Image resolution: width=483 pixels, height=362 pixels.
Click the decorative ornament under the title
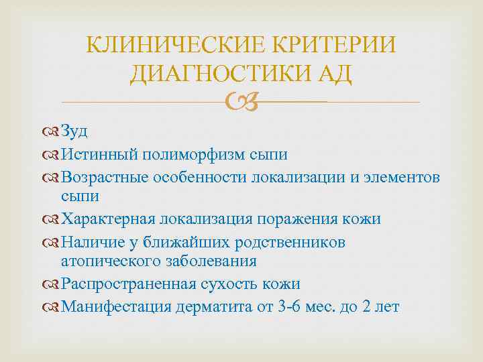pos(241,103)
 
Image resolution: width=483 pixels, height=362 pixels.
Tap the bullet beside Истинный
pos(54,156)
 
